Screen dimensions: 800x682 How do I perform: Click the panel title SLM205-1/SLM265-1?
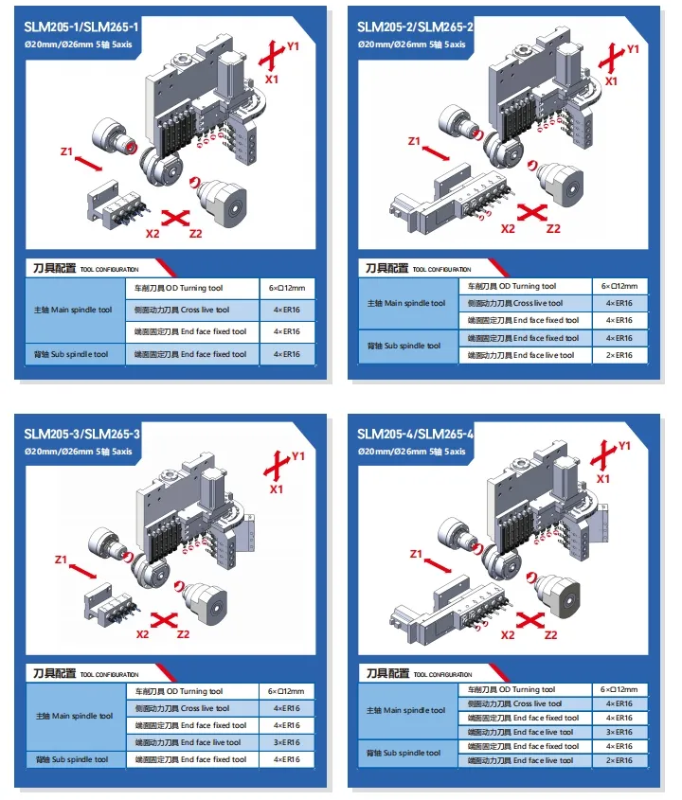(85, 26)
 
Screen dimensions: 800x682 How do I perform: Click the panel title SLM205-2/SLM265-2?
(416, 26)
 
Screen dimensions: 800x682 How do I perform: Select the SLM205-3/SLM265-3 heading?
(85, 434)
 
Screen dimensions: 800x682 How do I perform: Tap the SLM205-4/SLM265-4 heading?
(416, 434)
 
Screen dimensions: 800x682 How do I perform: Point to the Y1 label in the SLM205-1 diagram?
(293, 45)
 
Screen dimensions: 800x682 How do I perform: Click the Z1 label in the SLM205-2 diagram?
(414, 141)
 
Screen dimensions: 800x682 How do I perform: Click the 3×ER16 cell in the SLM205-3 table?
(287, 742)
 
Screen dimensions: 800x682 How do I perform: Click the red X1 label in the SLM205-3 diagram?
(276, 489)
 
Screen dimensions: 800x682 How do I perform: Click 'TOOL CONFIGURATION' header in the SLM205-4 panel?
(441, 674)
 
